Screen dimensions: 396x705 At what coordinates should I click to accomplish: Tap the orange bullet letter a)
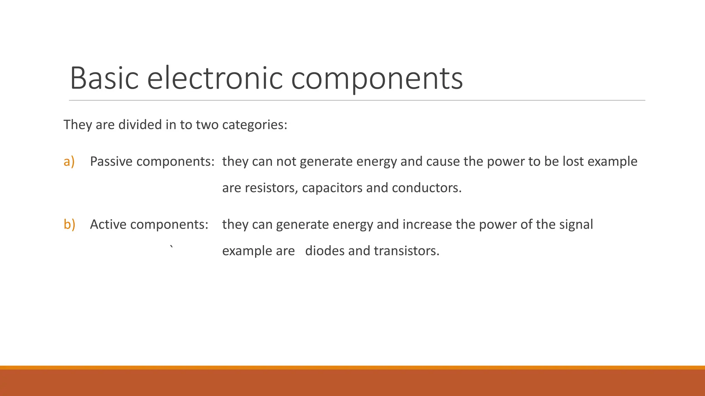69,161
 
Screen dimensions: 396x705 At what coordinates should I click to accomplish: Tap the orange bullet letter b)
69,224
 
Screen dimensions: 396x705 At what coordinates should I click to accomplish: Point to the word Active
108,224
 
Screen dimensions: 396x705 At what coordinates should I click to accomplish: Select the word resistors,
271,188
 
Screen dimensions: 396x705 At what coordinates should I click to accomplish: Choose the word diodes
325,251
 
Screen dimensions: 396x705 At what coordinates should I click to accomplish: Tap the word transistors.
407,251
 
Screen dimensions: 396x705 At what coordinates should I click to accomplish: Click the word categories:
254,124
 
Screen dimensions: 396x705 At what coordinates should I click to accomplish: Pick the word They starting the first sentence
78,124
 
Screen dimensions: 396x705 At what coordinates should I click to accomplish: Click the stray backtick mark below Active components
171,246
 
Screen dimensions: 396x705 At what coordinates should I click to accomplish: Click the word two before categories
207,124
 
